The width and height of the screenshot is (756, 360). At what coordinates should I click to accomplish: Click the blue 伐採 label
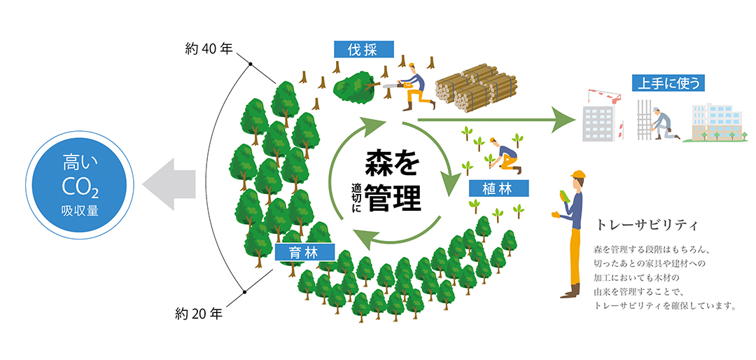[x=365, y=49]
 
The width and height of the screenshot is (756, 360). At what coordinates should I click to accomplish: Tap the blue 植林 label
[x=500, y=188]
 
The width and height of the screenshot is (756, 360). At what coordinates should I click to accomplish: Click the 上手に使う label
[x=667, y=83]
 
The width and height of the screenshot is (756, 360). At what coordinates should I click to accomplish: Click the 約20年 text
[x=198, y=313]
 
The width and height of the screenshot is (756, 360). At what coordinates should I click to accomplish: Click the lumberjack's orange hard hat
[x=413, y=67]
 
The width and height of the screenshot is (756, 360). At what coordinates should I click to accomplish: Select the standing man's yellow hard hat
[x=577, y=174]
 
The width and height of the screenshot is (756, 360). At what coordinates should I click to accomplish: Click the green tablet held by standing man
[x=563, y=197]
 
